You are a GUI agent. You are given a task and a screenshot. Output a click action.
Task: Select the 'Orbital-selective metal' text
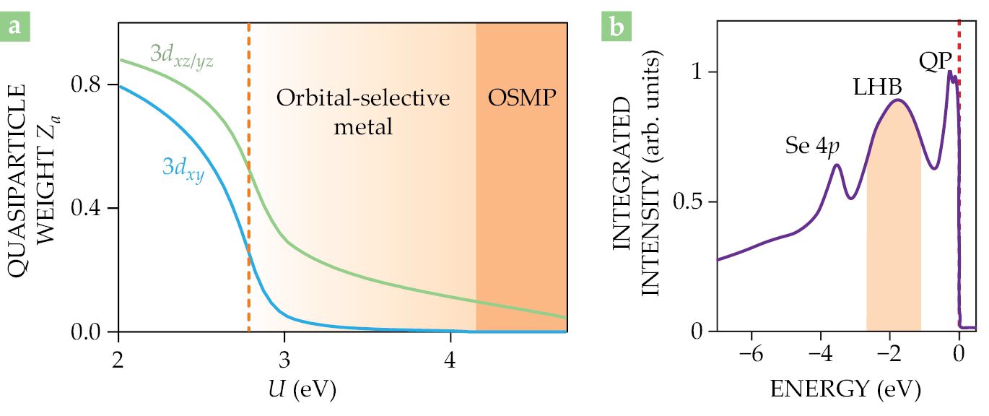363,112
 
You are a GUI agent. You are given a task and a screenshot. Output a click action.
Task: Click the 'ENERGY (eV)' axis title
846,390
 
